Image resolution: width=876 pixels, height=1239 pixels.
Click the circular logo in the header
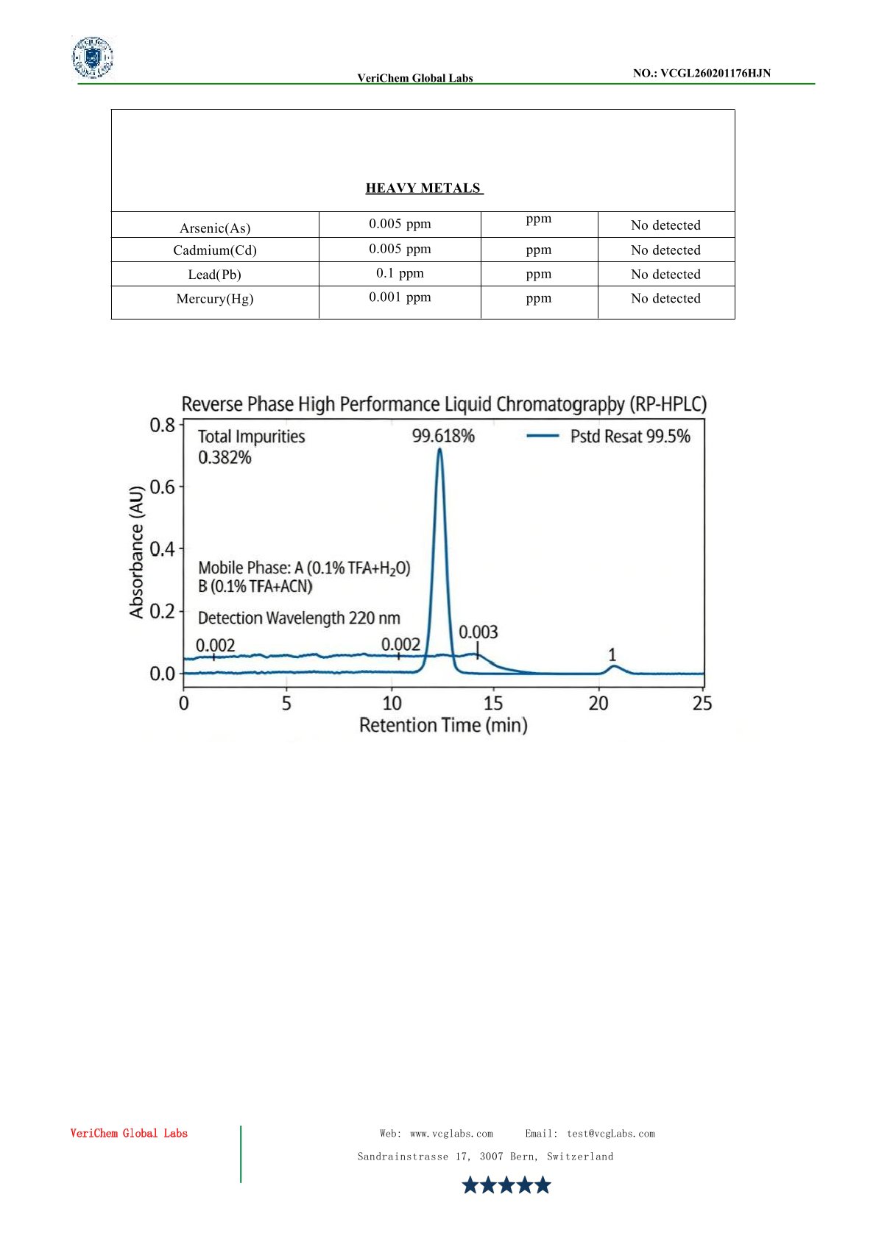[93, 57]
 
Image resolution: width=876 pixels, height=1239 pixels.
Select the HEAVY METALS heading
[423, 188]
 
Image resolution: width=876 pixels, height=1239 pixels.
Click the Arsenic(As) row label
[215, 228]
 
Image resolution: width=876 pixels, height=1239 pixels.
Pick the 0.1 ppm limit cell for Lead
[400, 273]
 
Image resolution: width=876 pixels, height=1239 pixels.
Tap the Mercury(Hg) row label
[215, 299]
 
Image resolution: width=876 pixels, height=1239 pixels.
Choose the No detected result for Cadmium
[665, 250]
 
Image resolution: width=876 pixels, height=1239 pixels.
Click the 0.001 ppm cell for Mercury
[400, 297]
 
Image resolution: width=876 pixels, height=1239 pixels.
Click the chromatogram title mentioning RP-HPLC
[444, 404]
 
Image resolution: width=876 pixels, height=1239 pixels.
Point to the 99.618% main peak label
[443, 436]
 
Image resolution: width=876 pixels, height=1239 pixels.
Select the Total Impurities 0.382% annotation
[251, 447]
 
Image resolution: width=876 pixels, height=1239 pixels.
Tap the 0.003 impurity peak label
[478, 632]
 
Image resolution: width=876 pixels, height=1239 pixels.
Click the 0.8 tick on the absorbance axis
[163, 425]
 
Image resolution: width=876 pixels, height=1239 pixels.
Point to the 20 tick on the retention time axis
[598, 704]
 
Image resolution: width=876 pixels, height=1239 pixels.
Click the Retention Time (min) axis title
[443, 725]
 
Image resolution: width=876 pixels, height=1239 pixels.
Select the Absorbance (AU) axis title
[136, 551]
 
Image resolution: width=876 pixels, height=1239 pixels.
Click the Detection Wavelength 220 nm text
[299, 618]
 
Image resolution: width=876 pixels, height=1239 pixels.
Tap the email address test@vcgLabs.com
[610, 1134]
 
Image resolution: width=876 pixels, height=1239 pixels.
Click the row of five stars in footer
[506, 1185]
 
